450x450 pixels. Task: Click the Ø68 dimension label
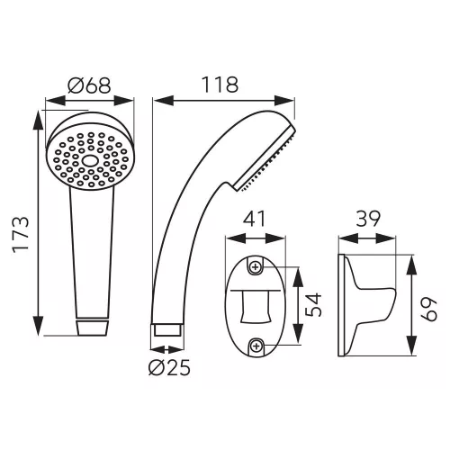pyautogui.click(x=89, y=85)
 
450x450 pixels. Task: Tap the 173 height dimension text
pyautogui.click(x=21, y=235)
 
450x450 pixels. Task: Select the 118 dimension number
pyautogui.click(x=220, y=85)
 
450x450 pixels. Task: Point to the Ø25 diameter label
pyautogui.click(x=169, y=367)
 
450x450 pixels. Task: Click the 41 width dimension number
pyautogui.click(x=255, y=219)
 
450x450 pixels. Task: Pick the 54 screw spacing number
pyautogui.click(x=313, y=305)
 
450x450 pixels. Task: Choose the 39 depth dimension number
pyautogui.click(x=368, y=219)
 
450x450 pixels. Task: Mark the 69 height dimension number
pyautogui.click(x=428, y=309)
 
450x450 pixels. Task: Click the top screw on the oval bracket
pyautogui.click(x=256, y=266)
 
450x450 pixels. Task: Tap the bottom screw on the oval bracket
pyautogui.click(x=256, y=346)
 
